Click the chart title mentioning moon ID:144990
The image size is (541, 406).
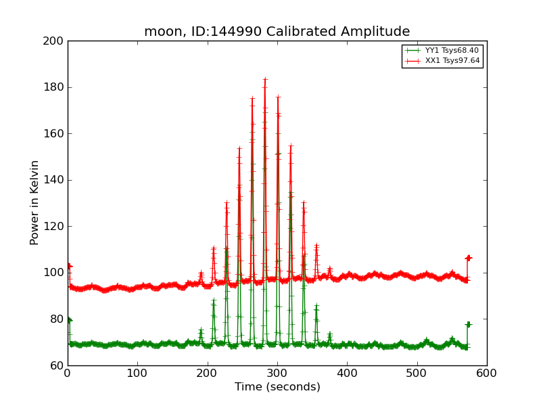click(x=277, y=32)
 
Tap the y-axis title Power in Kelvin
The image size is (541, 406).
click(x=34, y=202)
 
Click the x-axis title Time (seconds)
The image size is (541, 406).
click(x=277, y=387)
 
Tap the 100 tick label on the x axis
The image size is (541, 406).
click(x=137, y=373)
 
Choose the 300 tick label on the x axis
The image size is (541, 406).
click(x=277, y=373)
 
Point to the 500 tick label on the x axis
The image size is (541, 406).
click(x=417, y=373)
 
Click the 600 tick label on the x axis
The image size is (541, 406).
click(x=487, y=373)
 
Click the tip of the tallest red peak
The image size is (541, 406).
click(x=265, y=78)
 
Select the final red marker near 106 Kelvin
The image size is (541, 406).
click(x=468, y=258)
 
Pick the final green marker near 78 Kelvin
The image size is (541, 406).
click(x=468, y=325)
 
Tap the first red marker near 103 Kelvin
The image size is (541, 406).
click(x=69, y=266)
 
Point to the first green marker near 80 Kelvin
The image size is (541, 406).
click(x=69, y=319)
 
